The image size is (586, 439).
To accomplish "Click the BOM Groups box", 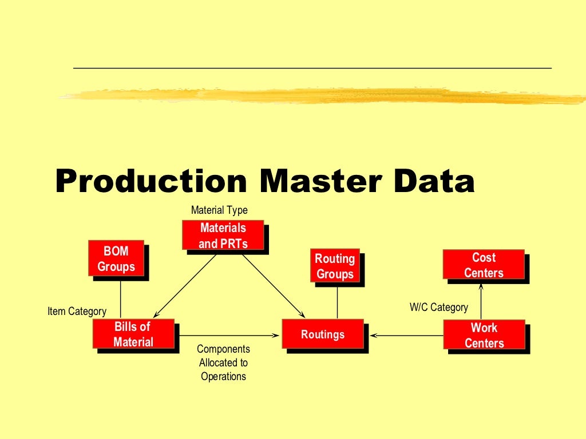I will pos(116,258).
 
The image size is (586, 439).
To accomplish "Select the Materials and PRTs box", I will pos(223,236).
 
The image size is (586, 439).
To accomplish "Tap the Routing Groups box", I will pos(335,266).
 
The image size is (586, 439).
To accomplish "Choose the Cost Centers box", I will pos(484,265).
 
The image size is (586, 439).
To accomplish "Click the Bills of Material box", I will pos(133,334).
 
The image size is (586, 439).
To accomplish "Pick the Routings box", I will pos(323,334).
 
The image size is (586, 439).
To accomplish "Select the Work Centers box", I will pos(484,335).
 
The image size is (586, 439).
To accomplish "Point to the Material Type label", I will pos(219,210).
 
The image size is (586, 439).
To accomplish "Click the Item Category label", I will pos(77,312).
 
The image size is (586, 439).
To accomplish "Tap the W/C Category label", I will pos(439,308).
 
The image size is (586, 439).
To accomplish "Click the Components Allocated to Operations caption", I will pos(223,362).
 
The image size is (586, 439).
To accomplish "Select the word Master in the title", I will pos(320,181).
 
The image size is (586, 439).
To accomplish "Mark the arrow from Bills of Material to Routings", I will pos(229,335).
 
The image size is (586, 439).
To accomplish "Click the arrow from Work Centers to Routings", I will pos(406,335).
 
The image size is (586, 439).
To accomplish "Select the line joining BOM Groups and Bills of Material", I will pos(121,298).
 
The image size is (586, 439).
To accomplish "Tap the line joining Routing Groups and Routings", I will pos(337,301).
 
